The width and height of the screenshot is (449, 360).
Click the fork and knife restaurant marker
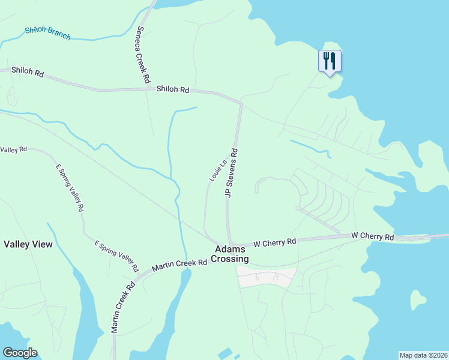[330, 61]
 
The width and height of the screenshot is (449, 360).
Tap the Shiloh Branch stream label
[47, 33]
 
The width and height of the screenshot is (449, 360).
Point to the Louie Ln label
[218, 170]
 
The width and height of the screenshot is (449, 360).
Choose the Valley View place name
[28, 244]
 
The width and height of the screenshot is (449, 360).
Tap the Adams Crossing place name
[232, 254]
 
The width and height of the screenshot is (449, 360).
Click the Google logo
[20, 353]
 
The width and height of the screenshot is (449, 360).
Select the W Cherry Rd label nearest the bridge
[372, 237]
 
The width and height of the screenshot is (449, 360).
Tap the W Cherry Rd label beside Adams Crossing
[275, 242]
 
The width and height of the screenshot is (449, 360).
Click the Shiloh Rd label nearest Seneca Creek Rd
[173, 89]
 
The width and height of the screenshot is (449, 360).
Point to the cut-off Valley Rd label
[13, 149]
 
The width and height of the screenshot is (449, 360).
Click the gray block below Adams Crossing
[266, 277]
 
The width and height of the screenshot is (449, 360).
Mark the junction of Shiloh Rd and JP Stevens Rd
[240, 104]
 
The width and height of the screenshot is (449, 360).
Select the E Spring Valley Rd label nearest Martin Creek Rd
[116, 255]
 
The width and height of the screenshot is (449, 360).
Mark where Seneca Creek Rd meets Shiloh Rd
[149, 89]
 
